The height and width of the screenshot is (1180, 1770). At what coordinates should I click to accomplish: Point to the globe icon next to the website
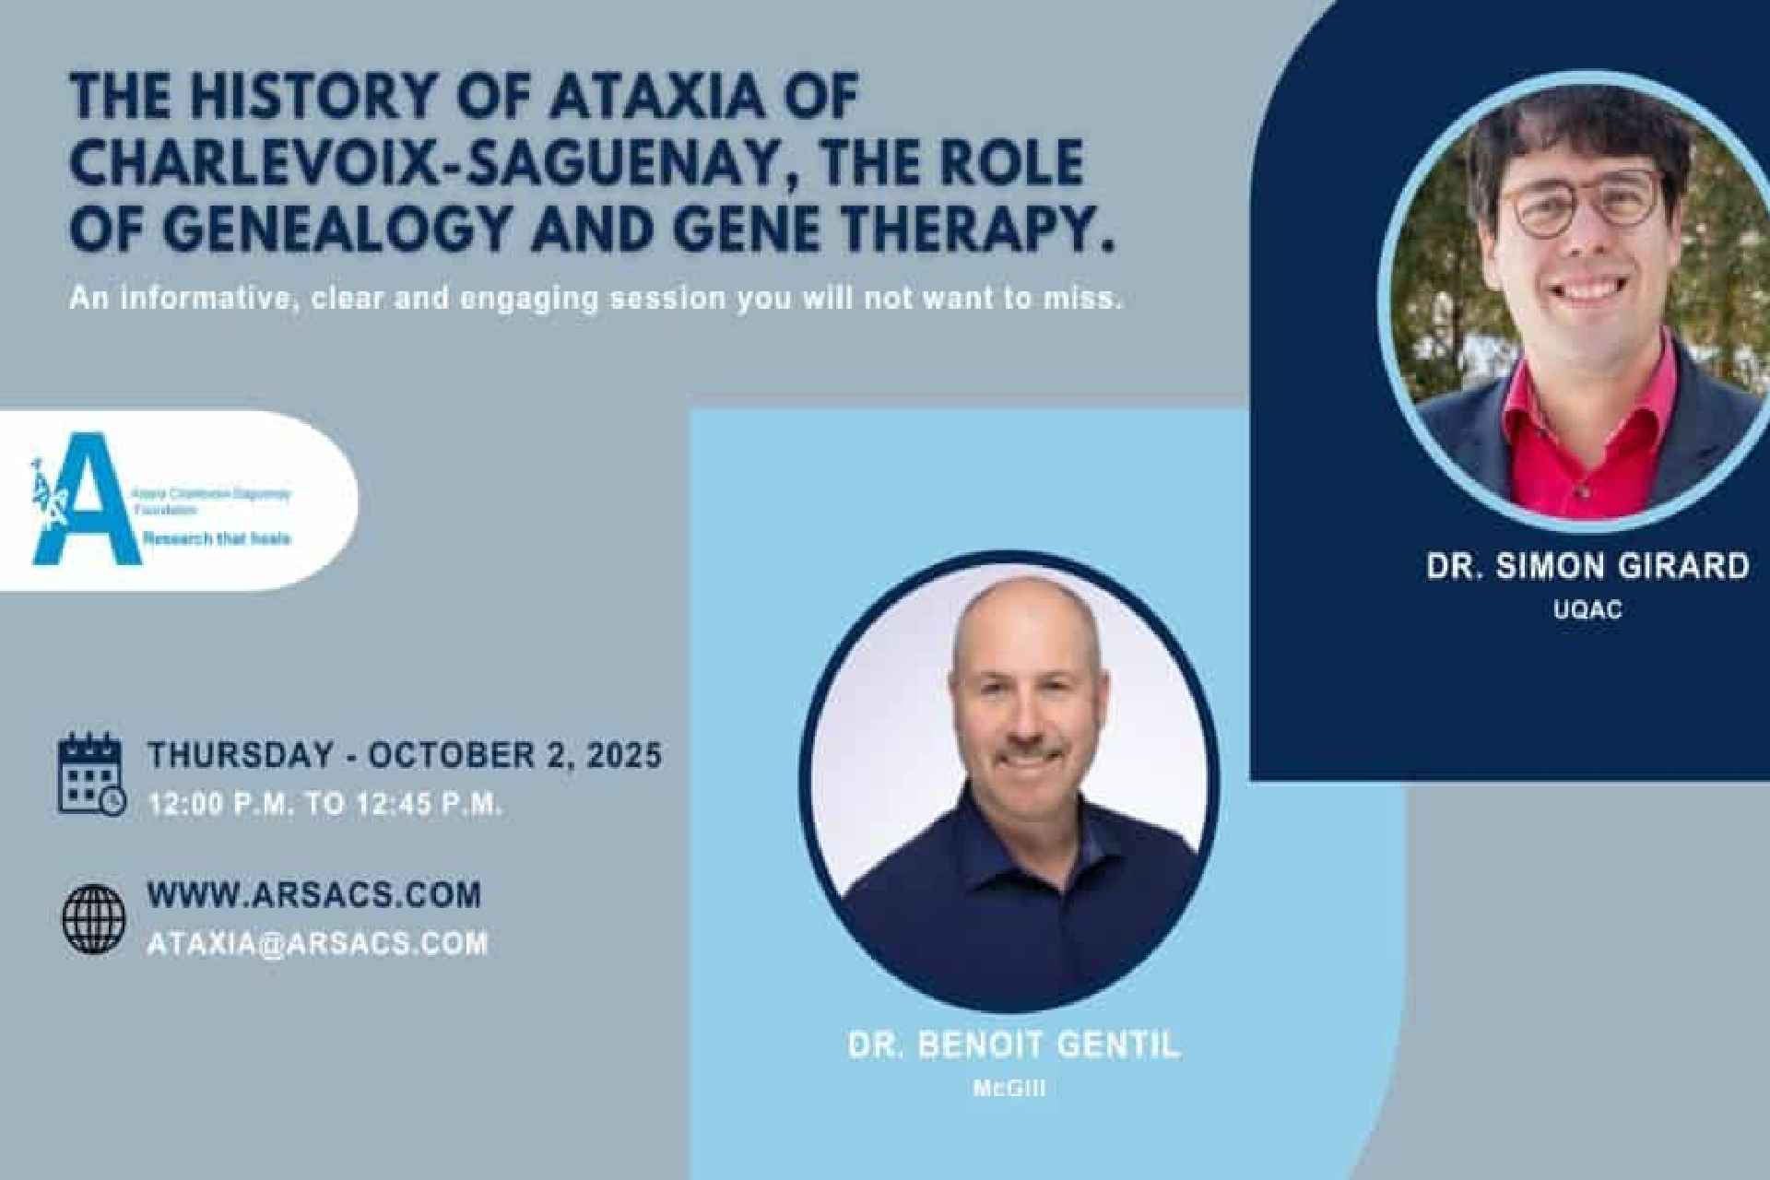pos(94,919)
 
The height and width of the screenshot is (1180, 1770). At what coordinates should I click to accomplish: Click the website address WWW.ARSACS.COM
pos(313,895)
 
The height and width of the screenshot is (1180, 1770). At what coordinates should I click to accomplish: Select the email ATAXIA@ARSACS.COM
pos(317,944)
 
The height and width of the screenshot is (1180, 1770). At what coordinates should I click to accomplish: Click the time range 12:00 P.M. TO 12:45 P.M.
pos(324,804)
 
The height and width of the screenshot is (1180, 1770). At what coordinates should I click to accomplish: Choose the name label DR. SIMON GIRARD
pos(1587,566)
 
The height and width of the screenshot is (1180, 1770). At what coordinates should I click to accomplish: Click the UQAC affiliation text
pos(1587,609)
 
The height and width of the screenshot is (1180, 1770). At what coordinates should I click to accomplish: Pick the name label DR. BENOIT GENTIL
pos(1013,1045)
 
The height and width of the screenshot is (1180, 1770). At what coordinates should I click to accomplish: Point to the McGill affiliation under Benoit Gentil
pos(1009,1089)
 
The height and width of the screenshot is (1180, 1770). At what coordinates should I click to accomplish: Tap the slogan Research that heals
pos(217,537)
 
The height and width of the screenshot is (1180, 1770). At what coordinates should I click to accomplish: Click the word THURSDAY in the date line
pos(240,755)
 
